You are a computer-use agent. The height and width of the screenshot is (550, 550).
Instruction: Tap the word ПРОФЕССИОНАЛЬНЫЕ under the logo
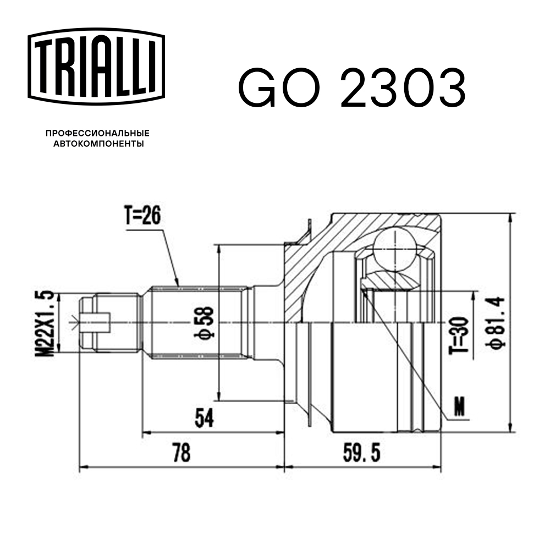tap(97, 133)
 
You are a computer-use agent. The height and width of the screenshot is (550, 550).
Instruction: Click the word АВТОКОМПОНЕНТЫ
tap(98, 144)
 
